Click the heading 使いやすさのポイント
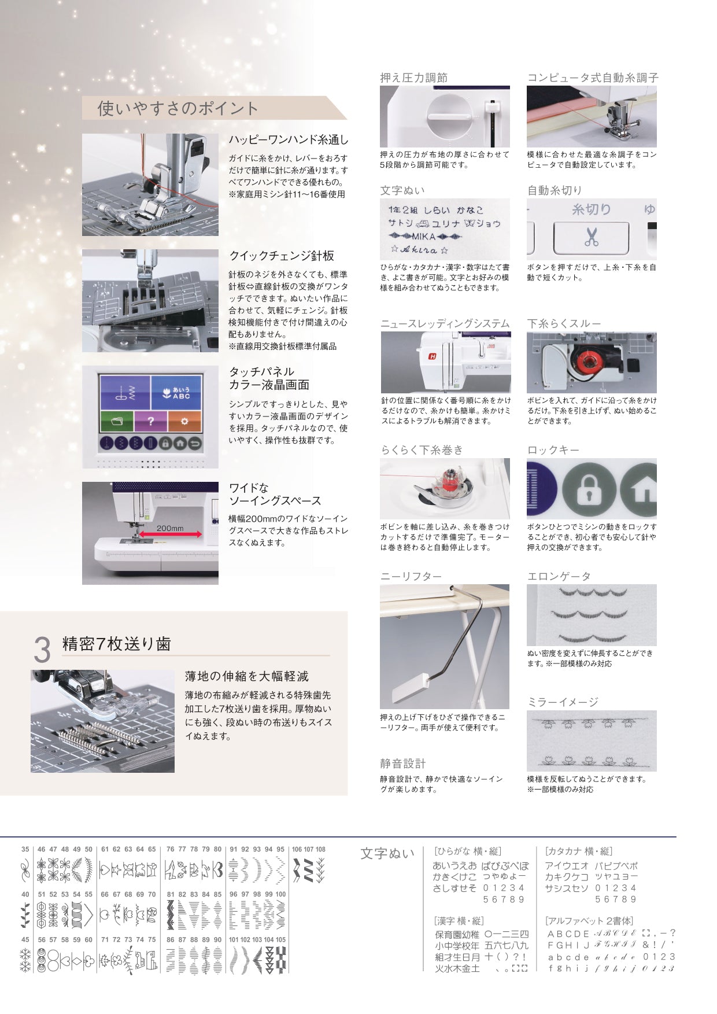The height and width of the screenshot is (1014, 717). tap(178, 108)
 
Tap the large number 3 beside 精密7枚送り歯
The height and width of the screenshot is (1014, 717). tap(42, 650)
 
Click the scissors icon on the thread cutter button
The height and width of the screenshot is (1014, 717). tap(592, 237)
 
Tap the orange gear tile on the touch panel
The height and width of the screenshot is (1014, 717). tap(184, 421)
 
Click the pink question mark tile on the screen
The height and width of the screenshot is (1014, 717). tap(151, 422)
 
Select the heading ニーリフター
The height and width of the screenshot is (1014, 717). tap(411, 577)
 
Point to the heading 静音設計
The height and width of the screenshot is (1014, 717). tap(403, 764)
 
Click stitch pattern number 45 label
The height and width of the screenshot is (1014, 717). tap(25, 940)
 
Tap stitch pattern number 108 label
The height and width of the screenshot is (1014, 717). tap(320, 850)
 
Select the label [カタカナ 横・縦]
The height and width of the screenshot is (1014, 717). tap(578, 851)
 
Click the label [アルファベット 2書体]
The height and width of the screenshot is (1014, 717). tap(589, 921)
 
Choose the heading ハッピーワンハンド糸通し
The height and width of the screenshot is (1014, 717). tap(289, 140)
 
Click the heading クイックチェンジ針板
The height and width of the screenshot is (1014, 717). tap(282, 256)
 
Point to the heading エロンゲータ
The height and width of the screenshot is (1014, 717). tap(559, 577)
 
